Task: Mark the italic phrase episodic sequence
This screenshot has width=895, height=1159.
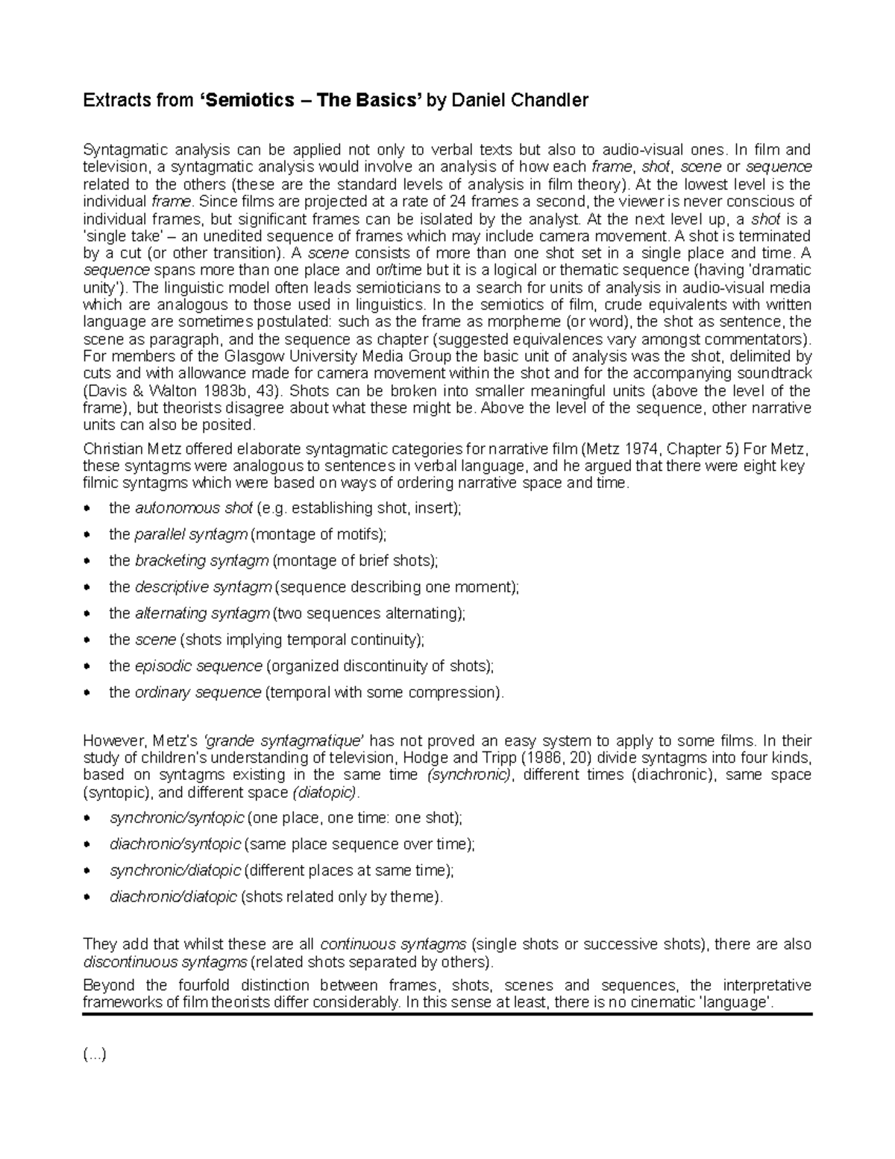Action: (198, 666)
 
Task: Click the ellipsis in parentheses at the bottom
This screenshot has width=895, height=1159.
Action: (95, 1055)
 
